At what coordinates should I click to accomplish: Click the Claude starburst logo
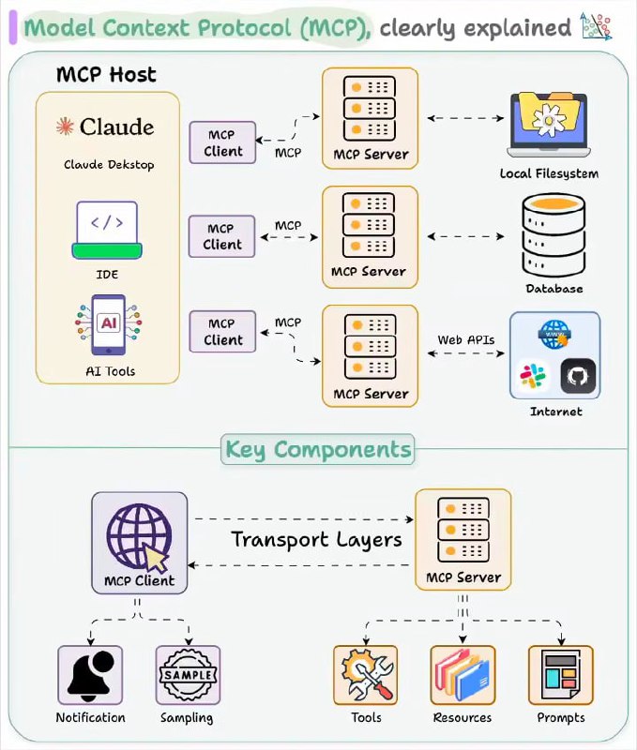[x=65, y=127]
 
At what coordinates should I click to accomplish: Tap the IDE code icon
[x=107, y=230]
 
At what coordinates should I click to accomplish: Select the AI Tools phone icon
[x=109, y=324]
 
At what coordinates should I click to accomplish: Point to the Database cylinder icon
[x=554, y=235]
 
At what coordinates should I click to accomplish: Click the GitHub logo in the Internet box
[x=578, y=376]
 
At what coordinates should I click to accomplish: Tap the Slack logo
[x=533, y=376]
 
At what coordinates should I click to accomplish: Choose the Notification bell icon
[x=90, y=674]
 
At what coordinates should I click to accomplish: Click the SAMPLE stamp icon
[x=188, y=675]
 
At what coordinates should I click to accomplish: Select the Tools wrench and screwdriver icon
[x=366, y=675]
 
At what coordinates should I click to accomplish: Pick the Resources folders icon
[x=462, y=675]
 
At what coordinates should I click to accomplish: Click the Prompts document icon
[x=560, y=675]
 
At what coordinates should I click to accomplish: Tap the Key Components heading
[x=318, y=450]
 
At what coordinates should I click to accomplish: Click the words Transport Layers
[x=316, y=540]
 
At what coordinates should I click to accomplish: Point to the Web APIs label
[x=465, y=339]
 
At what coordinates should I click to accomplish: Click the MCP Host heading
[x=106, y=75]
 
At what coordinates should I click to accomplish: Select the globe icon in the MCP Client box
[x=139, y=535]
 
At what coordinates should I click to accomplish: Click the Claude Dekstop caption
[x=109, y=165]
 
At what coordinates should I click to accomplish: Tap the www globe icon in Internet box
[x=554, y=335]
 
